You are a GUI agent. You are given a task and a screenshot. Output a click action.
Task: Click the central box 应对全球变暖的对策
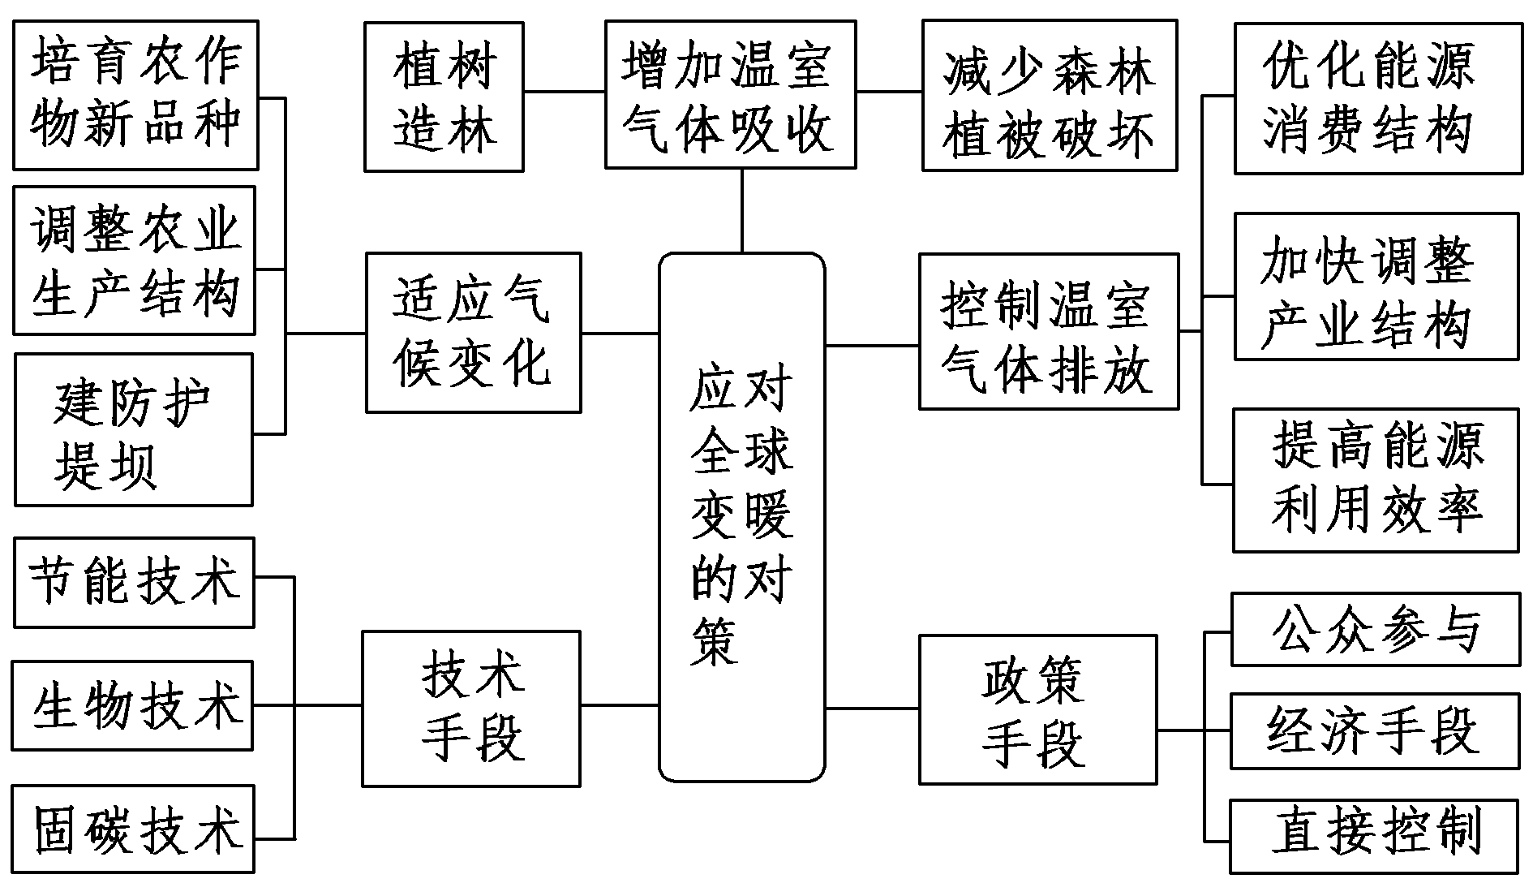point(741,517)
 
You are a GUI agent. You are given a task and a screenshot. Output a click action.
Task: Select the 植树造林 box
point(444,97)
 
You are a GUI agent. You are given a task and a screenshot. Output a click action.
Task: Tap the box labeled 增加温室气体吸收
point(730,95)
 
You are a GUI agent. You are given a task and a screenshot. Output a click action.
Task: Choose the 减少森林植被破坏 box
point(1049,97)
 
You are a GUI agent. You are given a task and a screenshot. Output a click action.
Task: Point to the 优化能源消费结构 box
point(1377,98)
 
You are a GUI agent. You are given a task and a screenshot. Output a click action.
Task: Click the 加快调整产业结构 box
point(1376,286)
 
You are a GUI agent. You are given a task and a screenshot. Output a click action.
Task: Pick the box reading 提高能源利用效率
point(1375,480)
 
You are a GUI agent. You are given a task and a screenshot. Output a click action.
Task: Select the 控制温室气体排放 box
point(1048,331)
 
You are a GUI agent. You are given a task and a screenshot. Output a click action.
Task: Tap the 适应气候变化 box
point(473,333)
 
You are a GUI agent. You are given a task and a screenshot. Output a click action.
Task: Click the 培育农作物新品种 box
point(135,95)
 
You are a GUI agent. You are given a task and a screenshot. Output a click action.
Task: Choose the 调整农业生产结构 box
point(135,261)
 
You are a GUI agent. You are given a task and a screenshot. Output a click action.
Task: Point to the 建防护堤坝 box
point(134,429)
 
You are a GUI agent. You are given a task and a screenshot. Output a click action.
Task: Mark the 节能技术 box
point(134,582)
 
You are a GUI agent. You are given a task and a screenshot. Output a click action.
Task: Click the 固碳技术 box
point(134,829)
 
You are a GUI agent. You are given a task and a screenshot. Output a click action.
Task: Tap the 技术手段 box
point(471,709)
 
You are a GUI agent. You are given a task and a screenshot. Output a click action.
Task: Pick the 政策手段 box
point(1037,709)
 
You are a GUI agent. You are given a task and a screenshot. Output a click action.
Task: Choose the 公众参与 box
point(1375,630)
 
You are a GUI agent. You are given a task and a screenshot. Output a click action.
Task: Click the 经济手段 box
point(1375,731)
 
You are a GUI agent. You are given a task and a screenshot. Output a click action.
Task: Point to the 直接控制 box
point(1373,837)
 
